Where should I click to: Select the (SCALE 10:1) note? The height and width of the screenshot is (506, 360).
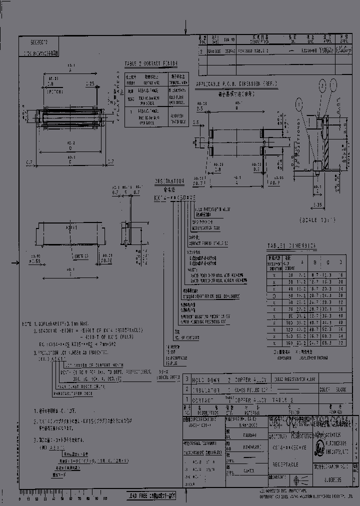coord(318,219)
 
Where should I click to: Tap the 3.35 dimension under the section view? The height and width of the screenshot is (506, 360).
coord(317,204)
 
